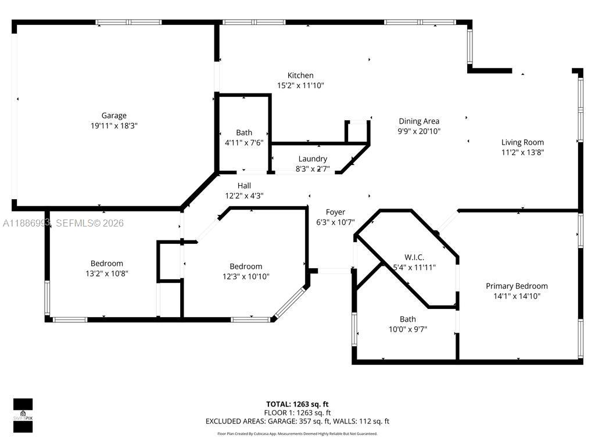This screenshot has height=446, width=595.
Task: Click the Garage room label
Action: pyautogui.click(x=114, y=116)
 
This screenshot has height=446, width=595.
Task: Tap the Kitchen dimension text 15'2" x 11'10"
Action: pyautogui.click(x=300, y=85)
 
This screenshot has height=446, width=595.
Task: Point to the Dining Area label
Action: pyautogui.click(x=419, y=121)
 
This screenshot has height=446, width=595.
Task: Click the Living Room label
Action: pyautogui.click(x=522, y=142)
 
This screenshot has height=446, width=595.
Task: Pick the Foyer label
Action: pyautogui.click(x=335, y=212)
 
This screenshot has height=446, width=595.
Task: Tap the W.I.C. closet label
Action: pyautogui.click(x=414, y=257)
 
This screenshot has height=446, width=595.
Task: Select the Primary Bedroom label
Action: pyautogui.click(x=517, y=286)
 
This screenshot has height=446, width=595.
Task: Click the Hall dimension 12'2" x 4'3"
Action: pyautogui.click(x=244, y=196)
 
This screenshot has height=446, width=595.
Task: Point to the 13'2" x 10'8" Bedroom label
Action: pyautogui.click(x=106, y=263)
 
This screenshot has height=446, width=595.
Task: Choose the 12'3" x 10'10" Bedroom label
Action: pyautogui.click(x=246, y=267)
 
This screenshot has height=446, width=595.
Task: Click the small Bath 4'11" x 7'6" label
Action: pyautogui.click(x=244, y=133)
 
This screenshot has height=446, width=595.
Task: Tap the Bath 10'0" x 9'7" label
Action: pyautogui.click(x=407, y=319)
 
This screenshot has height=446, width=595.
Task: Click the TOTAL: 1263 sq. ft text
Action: pyautogui.click(x=297, y=404)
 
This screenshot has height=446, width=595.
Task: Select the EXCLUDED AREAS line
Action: pyautogui.click(x=297, y=422)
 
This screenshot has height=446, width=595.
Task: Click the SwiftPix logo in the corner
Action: pyautogui.click(x=23, y=415)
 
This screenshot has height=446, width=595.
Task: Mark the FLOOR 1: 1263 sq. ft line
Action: pyautogui.click(x=297, y=413)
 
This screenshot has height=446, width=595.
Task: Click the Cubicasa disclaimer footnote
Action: pyautogui.click(x=297, y=434)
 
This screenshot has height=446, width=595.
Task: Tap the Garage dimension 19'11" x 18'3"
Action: pyautogui.click(x=114, y=125)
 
